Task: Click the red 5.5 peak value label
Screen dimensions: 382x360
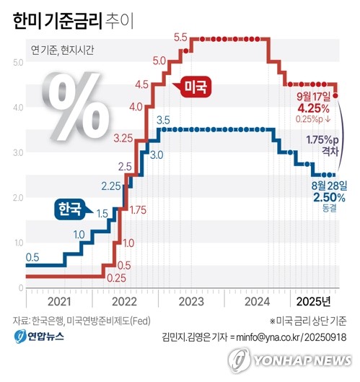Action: [180, 38]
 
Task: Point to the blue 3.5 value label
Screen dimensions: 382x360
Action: [162, 119]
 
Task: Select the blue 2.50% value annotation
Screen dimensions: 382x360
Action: [328, 196]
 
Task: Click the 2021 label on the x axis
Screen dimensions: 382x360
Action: [59, 300]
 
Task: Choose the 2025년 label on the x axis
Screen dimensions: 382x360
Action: [315, 300]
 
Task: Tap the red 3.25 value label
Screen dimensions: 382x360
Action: [123, 138]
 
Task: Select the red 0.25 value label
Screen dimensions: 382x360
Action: [116, 277]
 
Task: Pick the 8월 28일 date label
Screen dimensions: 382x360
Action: [328, 185]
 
